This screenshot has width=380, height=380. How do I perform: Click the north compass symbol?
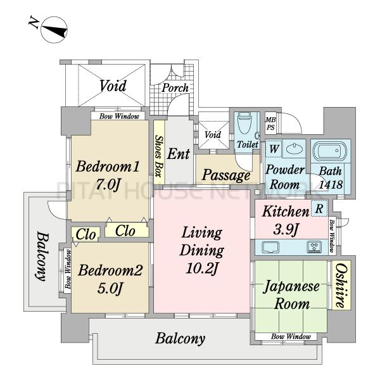(x=54, y=30)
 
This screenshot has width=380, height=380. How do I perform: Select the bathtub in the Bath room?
(x=331, y=151)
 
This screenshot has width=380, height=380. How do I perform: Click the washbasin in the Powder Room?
(x=294, y=148)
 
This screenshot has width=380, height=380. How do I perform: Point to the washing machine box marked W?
(x=274, y=149)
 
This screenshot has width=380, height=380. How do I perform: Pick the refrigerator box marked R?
(x=319, y=208)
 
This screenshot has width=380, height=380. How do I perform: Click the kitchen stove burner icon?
(x=314, y=247)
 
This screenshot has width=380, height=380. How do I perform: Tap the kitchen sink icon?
(x=270, y=247)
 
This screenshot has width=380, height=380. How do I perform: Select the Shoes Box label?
(x=159, y=156)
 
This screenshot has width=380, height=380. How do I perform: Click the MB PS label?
(x=270, y=123)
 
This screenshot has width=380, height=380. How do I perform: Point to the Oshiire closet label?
(x=342, y=285)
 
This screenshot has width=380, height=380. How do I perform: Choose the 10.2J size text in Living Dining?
(x=201, y=269)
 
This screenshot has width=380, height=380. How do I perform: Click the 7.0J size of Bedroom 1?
(x=108, y=185)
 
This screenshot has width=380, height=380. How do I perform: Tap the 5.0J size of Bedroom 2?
(x=110, y=288)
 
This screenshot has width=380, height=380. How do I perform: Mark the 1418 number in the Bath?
(x=331, y=184)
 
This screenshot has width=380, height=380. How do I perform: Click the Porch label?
(x=175, y=88)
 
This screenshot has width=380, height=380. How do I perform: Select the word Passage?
(x=226, y=175)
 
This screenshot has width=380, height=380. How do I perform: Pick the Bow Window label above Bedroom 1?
(x=119, y=117)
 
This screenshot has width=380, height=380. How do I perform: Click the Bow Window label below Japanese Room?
(x=291, y=336)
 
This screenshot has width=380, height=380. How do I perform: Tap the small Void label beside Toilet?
(x=213, y=135)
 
